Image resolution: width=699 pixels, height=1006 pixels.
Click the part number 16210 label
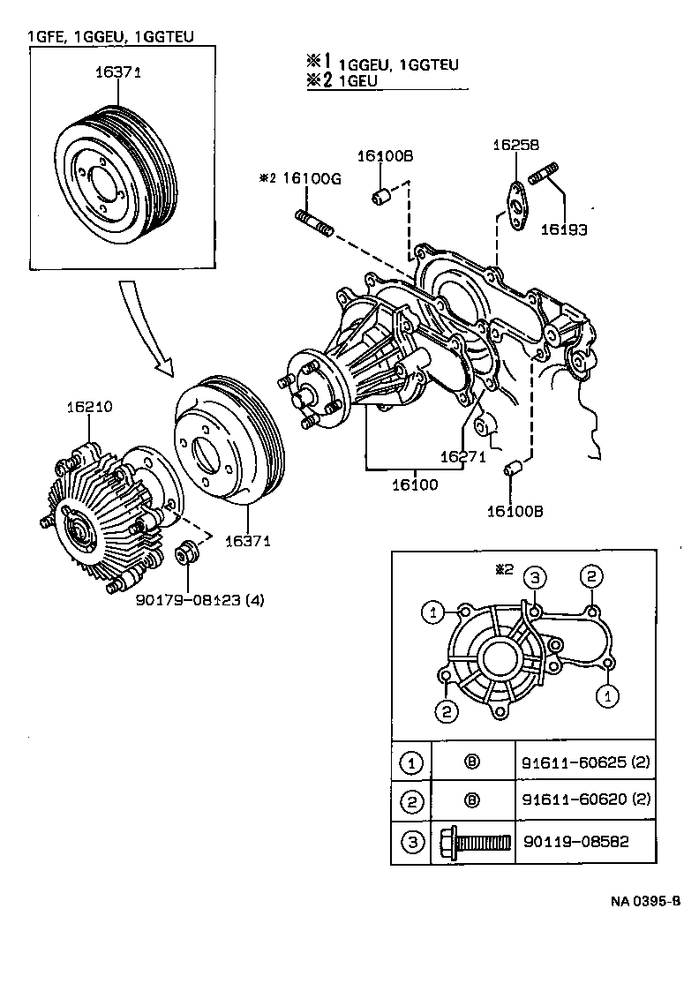pyautogui.click(x=89, y=408)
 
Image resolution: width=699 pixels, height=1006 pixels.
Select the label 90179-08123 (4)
pyautogui.click(x=199, y=600)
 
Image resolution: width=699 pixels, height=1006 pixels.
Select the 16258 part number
pyautogui.click(x=515, y=146)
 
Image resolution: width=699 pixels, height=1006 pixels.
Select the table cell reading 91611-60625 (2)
pyautogui.click(x=585, y=762)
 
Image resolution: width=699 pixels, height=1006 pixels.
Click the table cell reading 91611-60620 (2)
pyautogui.click(x=585, y=800)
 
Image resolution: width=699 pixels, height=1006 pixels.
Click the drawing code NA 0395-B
pyautogui.click(x=645, y=902)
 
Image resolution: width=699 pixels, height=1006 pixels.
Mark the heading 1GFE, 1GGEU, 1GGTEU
pyautogui.click(x=110, y=36)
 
